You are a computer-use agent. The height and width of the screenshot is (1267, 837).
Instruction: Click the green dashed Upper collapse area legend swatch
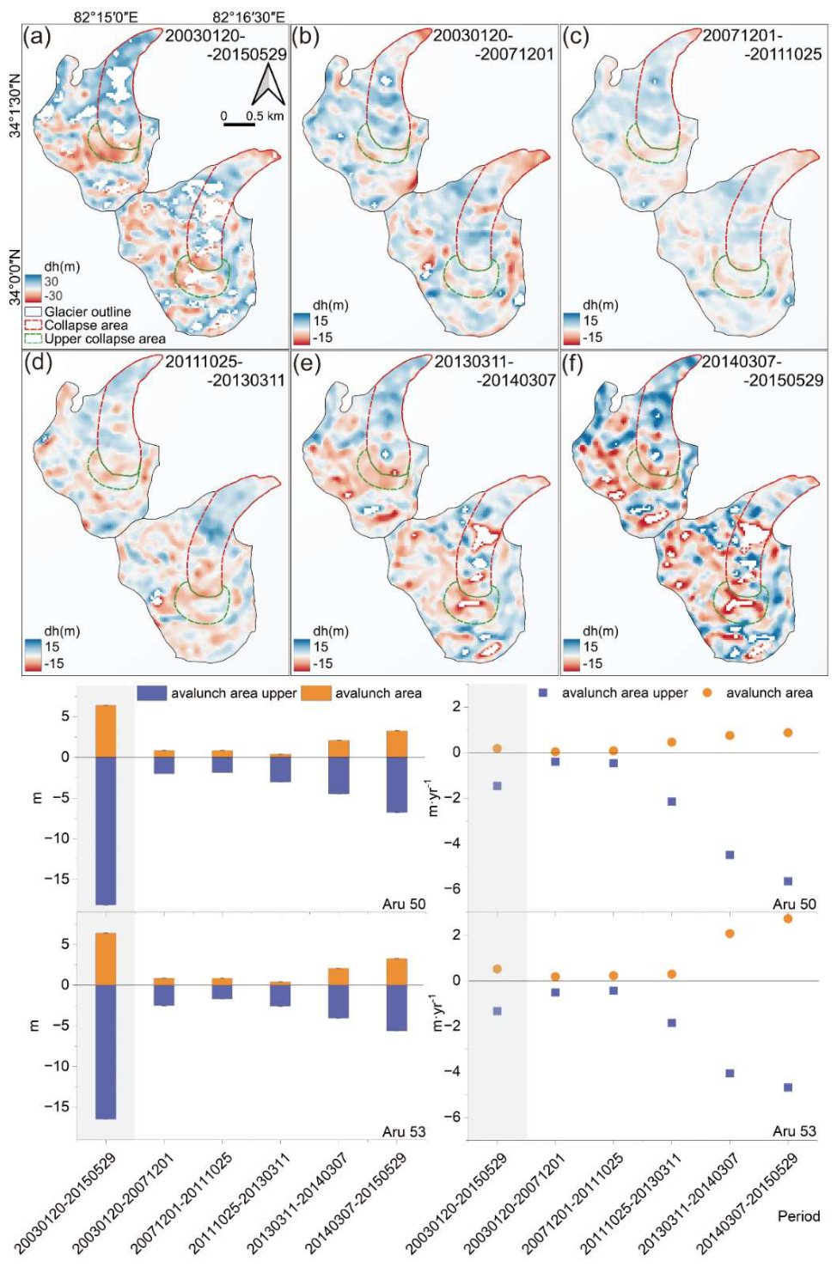(x=34, y=338)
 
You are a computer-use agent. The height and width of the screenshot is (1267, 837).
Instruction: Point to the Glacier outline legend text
(x=88, y=312)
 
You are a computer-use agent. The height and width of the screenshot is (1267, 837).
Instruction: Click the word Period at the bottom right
(x=798, y=1215)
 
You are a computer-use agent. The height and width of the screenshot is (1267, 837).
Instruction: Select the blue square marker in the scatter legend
(x=544, y=693)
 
